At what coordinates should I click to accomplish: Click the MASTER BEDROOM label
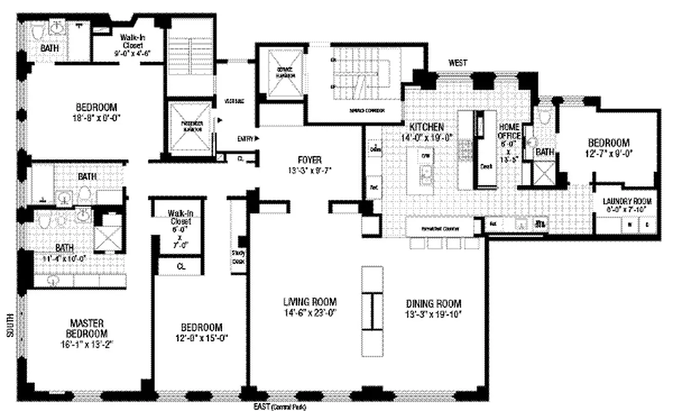(x=87, y=328)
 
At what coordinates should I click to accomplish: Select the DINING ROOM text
(x=433, y=304)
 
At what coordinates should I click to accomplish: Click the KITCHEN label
(x=426, y=127)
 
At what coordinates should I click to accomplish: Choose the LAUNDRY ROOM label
(x=627, y=201)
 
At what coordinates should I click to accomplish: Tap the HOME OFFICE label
(x=510, y=132)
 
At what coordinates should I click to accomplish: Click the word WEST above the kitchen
(x=457, y=63)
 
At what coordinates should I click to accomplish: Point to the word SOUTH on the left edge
(x=10, y=326)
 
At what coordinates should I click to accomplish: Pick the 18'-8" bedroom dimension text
(x=96, y=117)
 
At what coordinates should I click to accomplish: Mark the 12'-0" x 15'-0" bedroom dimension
(x=201, y=338)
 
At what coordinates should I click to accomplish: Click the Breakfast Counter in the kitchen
(x=439, y=228)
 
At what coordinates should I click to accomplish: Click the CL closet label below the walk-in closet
(x=180, y=267)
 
